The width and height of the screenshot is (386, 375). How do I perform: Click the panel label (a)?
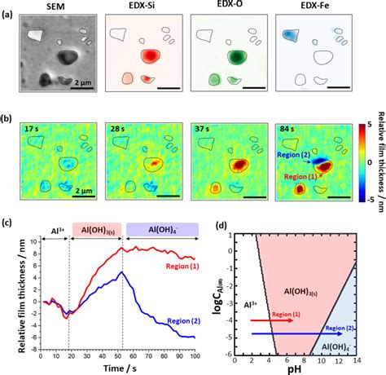[x=11, y=13]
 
